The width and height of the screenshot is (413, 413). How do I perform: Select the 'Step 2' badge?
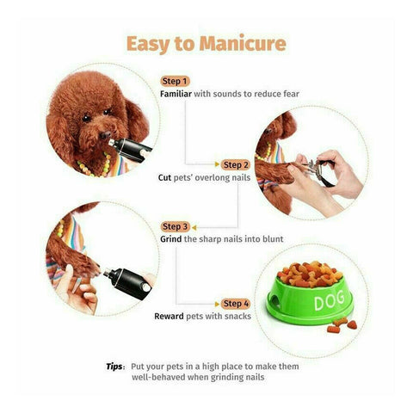click(235, 163)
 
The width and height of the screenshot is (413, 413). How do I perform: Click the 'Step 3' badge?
click(175, 226)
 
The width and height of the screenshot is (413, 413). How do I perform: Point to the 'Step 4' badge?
click(235, 304)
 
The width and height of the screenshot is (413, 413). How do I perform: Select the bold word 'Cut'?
click(164, 177)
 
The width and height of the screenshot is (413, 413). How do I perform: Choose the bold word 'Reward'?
click(169, 317)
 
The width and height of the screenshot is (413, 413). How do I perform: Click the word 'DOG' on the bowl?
click(307, 302)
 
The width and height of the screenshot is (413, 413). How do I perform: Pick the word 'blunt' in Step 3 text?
click(270, 238)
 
